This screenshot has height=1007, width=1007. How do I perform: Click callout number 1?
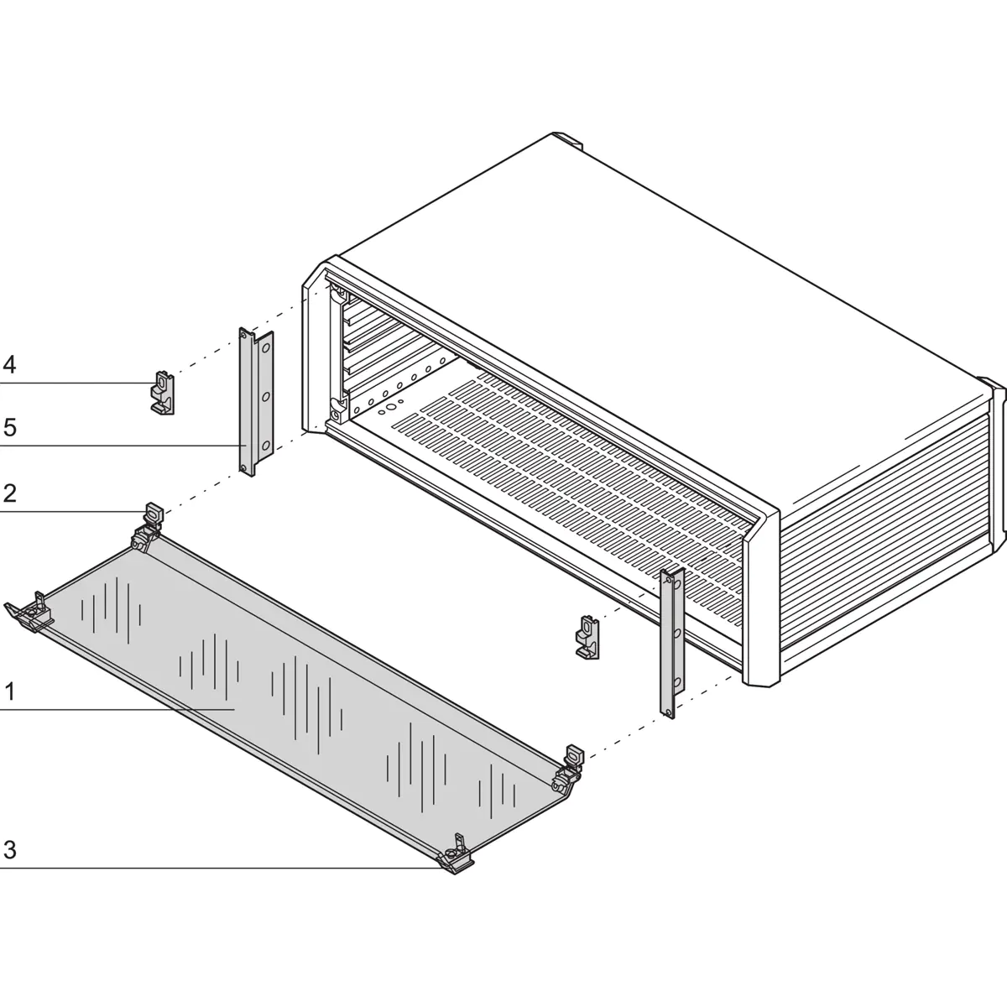[x=9, y=692]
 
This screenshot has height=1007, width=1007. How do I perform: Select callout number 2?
[x=9, y=493]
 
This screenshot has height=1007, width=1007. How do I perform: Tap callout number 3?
[x=9, y=850]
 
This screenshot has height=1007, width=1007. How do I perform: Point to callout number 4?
[x=9, y=365]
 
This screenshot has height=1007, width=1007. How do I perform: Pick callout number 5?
[x=9, y=427]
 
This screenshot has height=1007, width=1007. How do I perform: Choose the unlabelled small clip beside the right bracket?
[x=589, y=635]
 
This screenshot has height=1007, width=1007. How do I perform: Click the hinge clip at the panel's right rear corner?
[x=571, y=759]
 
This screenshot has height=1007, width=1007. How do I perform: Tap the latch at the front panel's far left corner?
[x=32, y=614]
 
